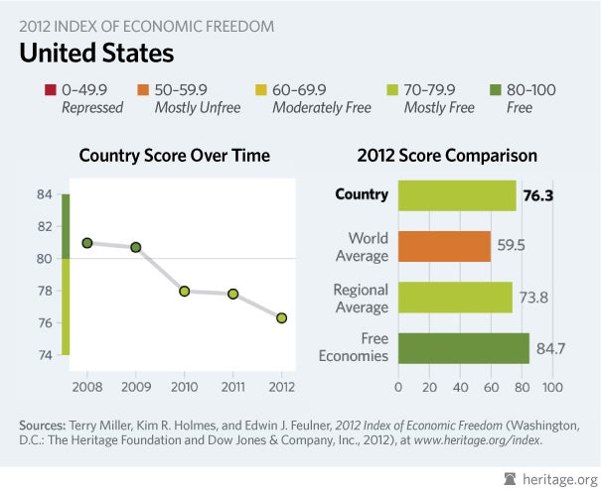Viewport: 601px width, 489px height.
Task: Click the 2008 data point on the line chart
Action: (87, 243)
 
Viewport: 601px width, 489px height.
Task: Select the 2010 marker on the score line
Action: (185, 291)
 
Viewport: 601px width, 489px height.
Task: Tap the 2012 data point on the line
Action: (282, 317)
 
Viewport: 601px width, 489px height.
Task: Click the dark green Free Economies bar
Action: (463, 347)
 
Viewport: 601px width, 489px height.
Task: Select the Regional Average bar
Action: (455, 297)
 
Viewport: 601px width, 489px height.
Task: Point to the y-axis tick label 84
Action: (45, 194)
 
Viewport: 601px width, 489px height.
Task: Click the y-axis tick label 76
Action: (45, 322)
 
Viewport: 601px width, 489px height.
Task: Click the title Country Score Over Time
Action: (175, 156)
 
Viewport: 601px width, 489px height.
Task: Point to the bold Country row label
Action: (361, 194)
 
